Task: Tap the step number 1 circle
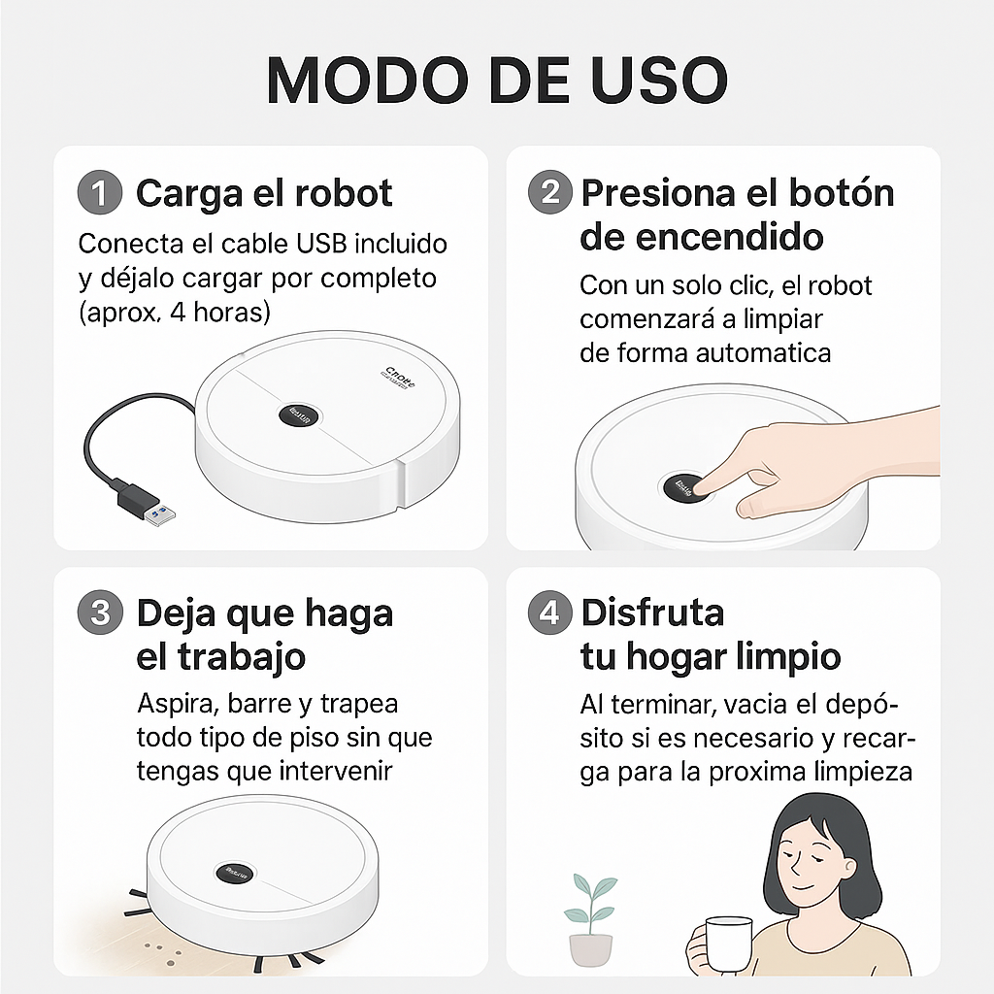pos(99,193)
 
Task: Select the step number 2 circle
pos(550,192)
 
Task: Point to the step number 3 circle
pos(99,613)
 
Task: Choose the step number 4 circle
pos(550,613)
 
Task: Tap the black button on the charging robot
pos(299,414)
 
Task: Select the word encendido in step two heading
pos(714,236)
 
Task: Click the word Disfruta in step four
pos(652,613)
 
